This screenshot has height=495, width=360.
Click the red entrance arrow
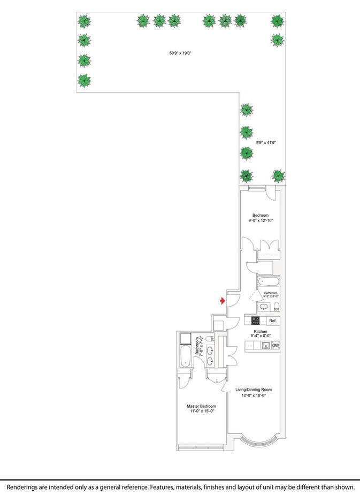223,301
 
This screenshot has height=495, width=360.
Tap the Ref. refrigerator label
272,321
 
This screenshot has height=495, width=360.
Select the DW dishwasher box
275,346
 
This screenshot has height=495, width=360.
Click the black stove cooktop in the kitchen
256,321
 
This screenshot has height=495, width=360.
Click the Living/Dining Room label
254,390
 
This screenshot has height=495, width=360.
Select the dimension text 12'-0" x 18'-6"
254,396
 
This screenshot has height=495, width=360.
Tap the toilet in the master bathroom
210,338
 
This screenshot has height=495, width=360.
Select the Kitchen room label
261,332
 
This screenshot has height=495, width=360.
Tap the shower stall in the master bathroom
185,338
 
